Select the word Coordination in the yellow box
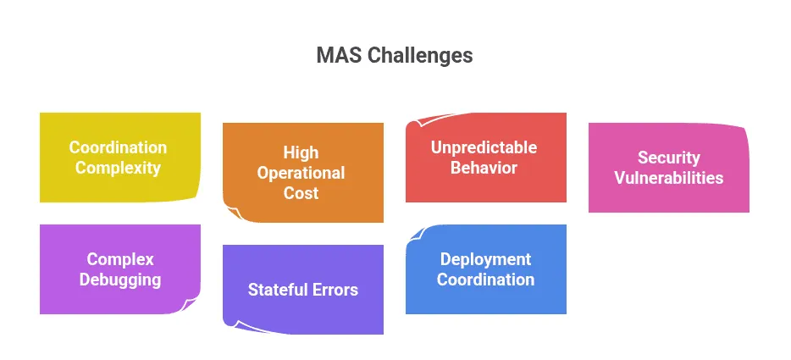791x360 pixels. point(118,147)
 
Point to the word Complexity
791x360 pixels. point(118,168)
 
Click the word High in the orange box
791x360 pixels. point(301,152)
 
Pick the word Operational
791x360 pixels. point(301,173)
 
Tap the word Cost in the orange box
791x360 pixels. point(301,193)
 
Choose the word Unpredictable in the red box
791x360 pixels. point(484,147)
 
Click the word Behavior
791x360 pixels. point(484,168)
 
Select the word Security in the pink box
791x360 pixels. point(668,158)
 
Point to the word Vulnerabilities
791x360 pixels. point(668,178)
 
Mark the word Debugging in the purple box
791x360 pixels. point(120,280)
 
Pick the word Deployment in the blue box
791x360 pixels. point(485,259)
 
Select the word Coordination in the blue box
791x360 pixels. point(485,280)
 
